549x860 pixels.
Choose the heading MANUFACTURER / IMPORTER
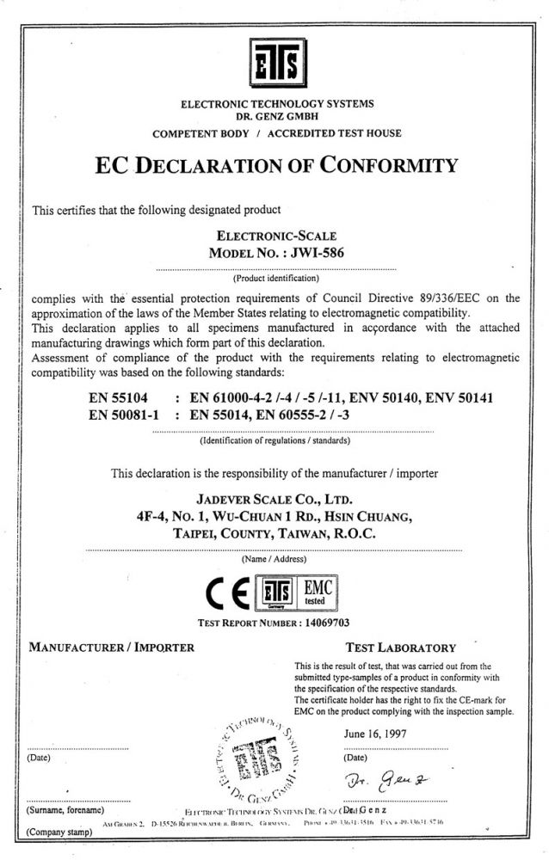(x=112, y=647)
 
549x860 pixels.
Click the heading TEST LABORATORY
(x=400, y=647)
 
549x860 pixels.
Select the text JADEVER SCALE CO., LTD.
(x=274, y=499)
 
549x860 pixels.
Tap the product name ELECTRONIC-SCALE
(x=275, y=235)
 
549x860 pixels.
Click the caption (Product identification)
(x=275, y=279)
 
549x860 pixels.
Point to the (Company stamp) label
(x=60, y=832)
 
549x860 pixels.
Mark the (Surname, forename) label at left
(x=66, y=809)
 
